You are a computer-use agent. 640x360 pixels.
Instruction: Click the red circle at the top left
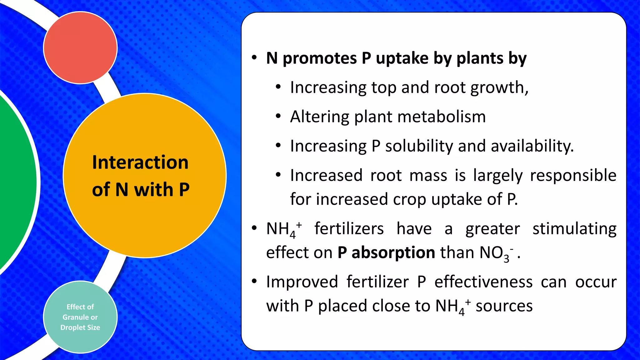(80, 47)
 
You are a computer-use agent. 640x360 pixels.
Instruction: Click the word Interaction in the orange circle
(140, 162)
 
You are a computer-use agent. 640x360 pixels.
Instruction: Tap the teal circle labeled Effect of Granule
(80, 317)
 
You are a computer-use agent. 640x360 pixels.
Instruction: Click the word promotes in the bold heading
(320, 58)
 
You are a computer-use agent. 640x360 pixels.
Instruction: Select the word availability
(532, 146)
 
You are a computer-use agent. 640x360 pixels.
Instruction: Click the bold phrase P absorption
(386, 252)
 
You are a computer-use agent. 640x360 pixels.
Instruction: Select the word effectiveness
(483, 282)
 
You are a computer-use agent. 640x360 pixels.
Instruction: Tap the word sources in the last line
(504, 306)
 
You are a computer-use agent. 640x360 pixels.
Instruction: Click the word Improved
(302, 282)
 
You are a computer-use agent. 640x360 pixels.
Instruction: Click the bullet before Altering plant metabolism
(278, 117)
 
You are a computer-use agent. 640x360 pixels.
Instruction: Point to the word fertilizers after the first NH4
(349, 228)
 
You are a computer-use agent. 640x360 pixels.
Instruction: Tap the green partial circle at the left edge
(16, 181)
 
